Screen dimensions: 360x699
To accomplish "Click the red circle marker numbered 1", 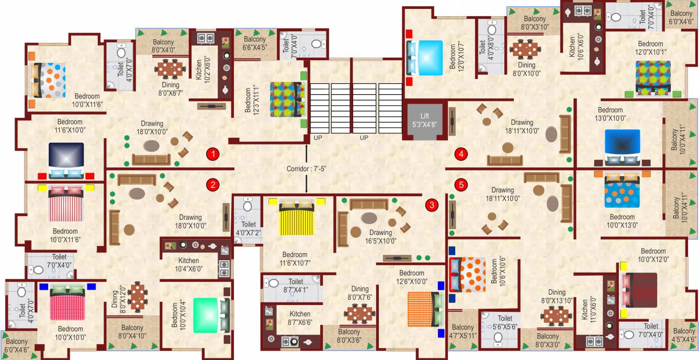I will click(x=212, y=154).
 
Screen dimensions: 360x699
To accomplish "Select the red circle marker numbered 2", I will click(x=212, y=184).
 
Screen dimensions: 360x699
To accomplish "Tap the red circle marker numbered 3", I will click(x=432, y=205).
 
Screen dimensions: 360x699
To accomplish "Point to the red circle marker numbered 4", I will click(x=461, y=154).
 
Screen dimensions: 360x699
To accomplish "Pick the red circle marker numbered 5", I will click(x=461, y=184).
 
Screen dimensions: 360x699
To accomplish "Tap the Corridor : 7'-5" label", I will click(x=307, y=169).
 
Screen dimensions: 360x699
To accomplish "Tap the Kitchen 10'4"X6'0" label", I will click(x=189, y=265).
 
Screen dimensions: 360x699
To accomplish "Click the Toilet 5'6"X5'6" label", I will click(x=505, y=322).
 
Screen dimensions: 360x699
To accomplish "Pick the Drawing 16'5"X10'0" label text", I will click(x=380, y=237).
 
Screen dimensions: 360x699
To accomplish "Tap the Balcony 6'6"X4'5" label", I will click(x=254, y=43).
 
